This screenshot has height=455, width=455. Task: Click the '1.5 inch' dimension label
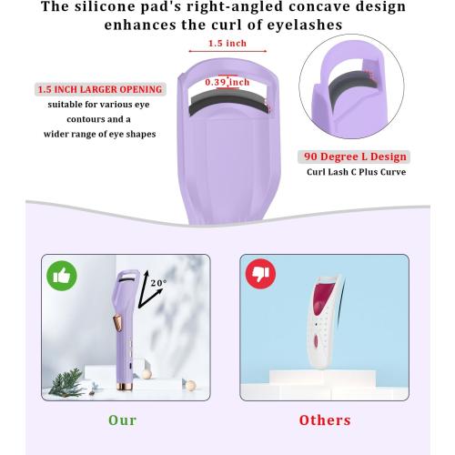click(227, 44)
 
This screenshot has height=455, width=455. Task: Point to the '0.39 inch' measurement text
click(228, 82)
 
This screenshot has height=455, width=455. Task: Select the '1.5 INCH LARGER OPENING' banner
click(101, 90)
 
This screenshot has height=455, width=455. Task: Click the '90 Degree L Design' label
click(355, 157)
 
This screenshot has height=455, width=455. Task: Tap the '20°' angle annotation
click(158, 284)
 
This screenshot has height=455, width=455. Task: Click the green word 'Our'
click(122, 420)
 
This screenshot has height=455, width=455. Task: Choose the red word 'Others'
click(325, 420)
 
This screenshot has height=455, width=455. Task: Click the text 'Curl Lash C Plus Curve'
click(355, 172)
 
